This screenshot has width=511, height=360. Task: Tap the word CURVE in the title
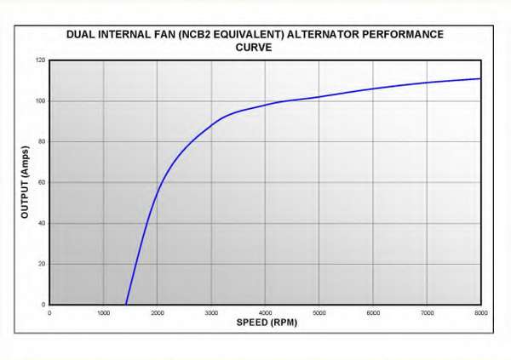pyautogui.click(x=254, y=48)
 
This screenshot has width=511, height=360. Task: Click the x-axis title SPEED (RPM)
pyautogui.click(x=266, y=323)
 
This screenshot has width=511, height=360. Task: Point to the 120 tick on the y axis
pyautogui.click(x=41, y=60)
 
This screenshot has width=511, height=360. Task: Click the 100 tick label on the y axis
pyautogui.click(x=41, y=101)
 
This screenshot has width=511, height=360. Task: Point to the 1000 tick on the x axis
pyautogui.click(x=103, y=313)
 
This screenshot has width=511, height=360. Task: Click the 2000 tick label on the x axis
pyautogui.click(x=158, y=313)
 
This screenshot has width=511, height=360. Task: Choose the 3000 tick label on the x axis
pyautogui.click(x=211, y=313)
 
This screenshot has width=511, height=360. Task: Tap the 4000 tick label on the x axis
pyautogui.click(x=266, y=313)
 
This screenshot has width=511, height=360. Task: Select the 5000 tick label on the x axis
pyautogui.click(x=319, y=313)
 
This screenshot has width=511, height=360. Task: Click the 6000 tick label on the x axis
pyautogui.click(x=373, y=313)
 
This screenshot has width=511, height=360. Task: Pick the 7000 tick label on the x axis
pyautogui.click(x=428, y=313)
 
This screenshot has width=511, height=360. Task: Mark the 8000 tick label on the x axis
pyautogui.click(x=481, y=313)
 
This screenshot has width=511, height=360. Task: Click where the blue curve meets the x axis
pyautogui.click(x=126, y=304)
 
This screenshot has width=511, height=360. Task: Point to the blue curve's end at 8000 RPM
pyautogui.click(x=481, y=79)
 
